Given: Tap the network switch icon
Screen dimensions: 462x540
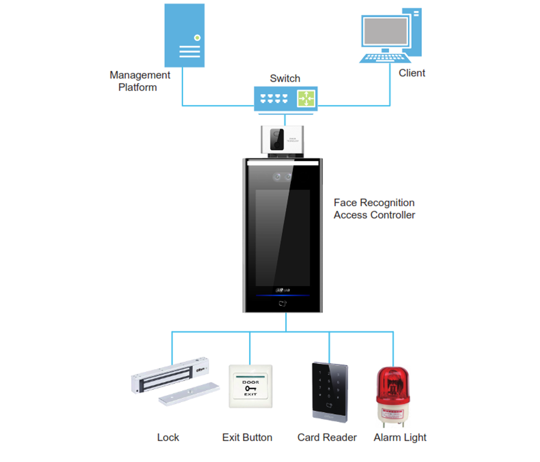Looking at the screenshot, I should click(285, 99).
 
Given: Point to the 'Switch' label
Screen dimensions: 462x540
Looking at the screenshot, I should click(285, 78).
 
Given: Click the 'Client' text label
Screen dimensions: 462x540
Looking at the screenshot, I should click(412, 73).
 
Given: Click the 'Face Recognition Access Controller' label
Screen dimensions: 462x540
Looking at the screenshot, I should click(374, 208).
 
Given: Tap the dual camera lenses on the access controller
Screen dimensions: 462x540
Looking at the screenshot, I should click(282, 177).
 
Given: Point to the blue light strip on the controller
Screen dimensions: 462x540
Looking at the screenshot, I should click(282, 295).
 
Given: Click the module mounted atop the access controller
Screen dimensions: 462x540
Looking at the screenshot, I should click(283, 139).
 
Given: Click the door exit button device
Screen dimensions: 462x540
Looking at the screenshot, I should click(250, 386).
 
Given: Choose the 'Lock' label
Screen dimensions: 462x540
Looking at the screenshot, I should click(168, 437).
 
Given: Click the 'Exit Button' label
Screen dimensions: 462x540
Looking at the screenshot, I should click(247, 437).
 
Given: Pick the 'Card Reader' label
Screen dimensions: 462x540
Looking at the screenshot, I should click(327, 437).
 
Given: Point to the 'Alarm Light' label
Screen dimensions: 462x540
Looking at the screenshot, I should click(400, 437).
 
